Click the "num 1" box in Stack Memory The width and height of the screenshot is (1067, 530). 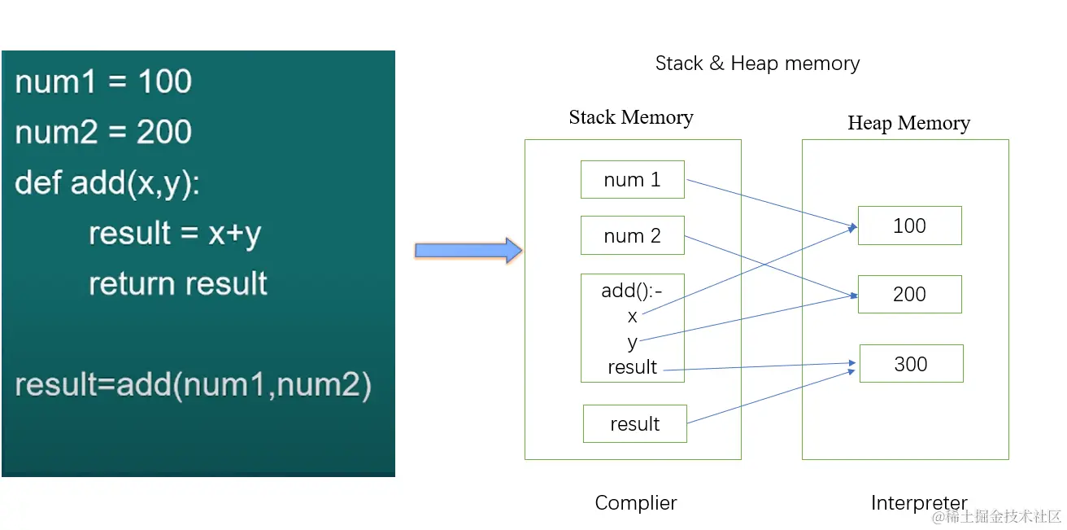(x=632, y=180)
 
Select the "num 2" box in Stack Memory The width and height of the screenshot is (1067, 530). (x=632, y=236)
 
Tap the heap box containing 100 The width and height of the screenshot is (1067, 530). (x=909, y=226)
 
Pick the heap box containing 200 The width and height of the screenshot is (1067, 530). (x=909, y=295)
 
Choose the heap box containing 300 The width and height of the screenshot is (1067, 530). (x=911, y=364)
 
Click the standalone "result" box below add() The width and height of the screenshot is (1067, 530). (x=634, y=424)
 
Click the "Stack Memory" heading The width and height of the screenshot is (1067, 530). (x=631, y=117)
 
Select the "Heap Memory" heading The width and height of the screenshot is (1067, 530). (x=908, y=123)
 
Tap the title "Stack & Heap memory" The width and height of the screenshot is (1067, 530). (x=757, y=64)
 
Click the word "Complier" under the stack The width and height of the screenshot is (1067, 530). (x=635, y=503)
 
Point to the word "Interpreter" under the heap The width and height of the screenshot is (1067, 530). (x=919, y=503)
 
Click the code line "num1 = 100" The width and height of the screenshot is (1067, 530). (x=103, y=82)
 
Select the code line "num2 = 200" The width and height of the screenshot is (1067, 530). (x=103, y=132)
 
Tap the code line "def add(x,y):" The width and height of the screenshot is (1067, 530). (x=107, y=183)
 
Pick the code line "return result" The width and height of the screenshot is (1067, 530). (x=177, y=283)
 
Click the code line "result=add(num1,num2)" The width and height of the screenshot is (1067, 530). (x=193, y=384)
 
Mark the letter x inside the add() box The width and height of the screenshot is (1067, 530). (x=633, y=317)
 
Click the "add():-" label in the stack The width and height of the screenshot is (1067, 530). (x=632, y=291)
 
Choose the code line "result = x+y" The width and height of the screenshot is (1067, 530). (x=175, y=234)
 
